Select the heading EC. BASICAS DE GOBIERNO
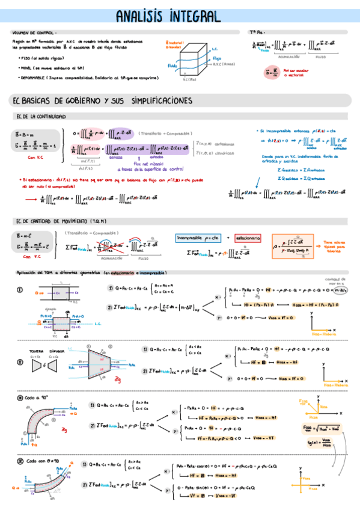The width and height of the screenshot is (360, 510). (103, 99)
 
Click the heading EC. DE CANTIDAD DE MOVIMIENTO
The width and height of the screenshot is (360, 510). (58, 222)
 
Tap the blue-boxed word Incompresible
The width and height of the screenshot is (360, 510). (197, 238)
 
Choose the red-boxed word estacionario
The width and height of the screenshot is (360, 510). (247, 238)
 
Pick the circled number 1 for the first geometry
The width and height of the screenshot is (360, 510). (20, 289)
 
